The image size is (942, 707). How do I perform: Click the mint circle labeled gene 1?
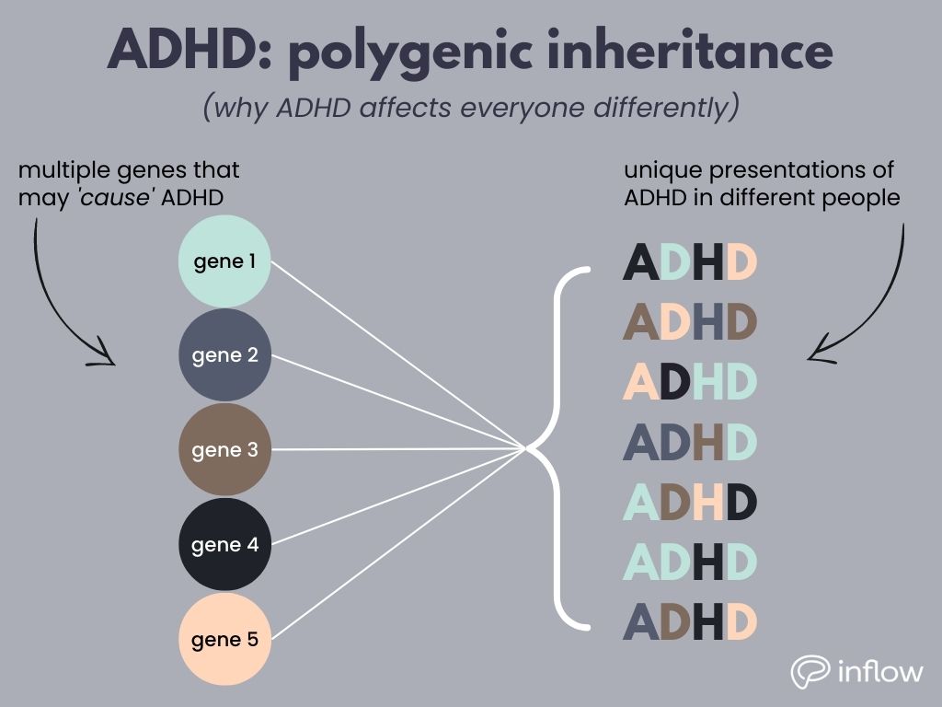point(224,261)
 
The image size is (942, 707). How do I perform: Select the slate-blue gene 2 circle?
point(224,355)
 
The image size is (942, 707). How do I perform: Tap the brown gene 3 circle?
point(224,450)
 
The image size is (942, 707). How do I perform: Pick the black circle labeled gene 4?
point(224,545)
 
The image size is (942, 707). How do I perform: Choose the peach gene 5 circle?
point(224,639)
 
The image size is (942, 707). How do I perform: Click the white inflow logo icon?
point(810,671)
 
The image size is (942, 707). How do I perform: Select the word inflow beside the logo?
point(880,671)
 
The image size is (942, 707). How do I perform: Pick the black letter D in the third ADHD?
point(673,381)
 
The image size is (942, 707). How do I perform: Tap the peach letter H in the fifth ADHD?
point(707,502)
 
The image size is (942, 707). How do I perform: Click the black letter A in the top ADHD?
point(641,262)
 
